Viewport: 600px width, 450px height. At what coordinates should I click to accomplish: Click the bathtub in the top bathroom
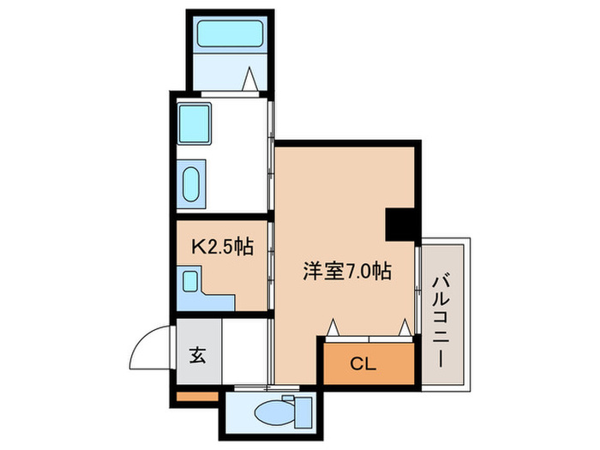(x=229, y=34)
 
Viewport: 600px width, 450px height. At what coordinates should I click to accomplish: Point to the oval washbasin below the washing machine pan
(x=192, y=183)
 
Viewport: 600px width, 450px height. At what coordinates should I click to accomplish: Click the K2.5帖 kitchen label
(x=221, y=248)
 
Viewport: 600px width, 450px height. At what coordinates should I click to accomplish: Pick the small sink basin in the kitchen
(x=190, y=279)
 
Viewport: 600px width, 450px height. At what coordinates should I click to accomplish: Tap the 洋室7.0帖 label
(x=347, y=272)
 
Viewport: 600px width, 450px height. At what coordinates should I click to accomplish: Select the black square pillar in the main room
(x=402, y=225)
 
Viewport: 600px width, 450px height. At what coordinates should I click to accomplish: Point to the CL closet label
(x=364, y=363)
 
